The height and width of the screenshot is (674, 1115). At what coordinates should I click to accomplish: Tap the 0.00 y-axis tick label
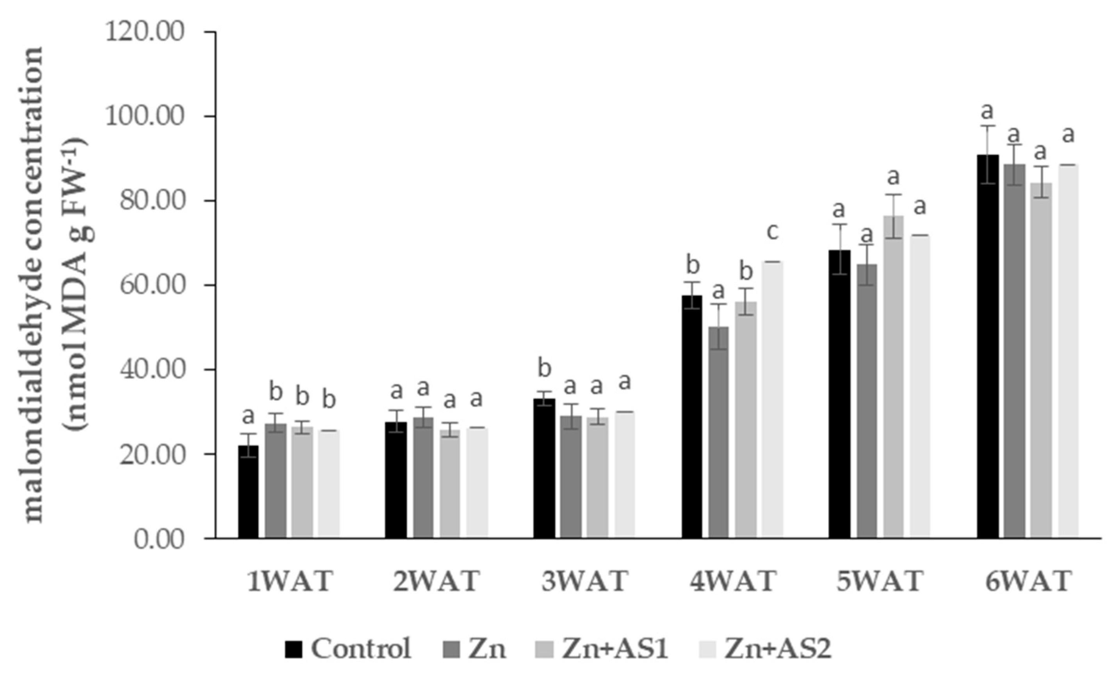159,540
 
